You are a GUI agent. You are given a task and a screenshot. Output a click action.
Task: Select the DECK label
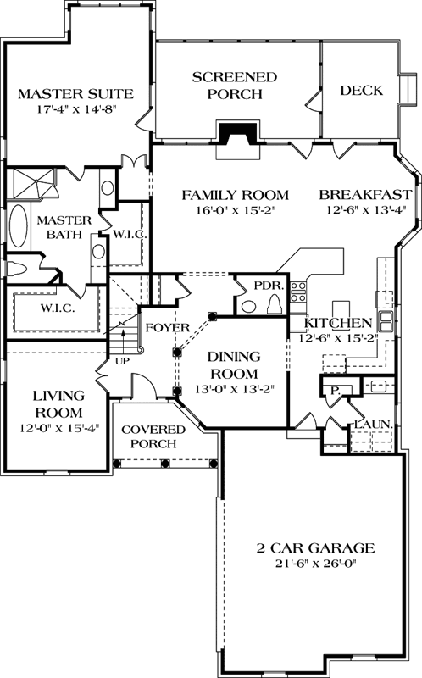point(362,91)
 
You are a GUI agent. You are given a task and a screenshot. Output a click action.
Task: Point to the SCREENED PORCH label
point(234,86)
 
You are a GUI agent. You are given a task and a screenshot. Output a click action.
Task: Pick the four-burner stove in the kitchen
point(298,292)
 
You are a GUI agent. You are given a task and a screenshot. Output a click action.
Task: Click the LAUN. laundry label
point(370,423)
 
